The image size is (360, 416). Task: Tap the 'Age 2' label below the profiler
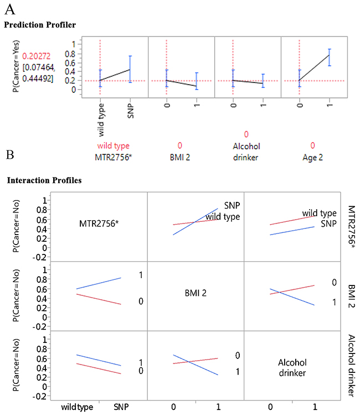point(313,157)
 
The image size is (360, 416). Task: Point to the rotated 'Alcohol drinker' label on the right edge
point(351,366)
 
